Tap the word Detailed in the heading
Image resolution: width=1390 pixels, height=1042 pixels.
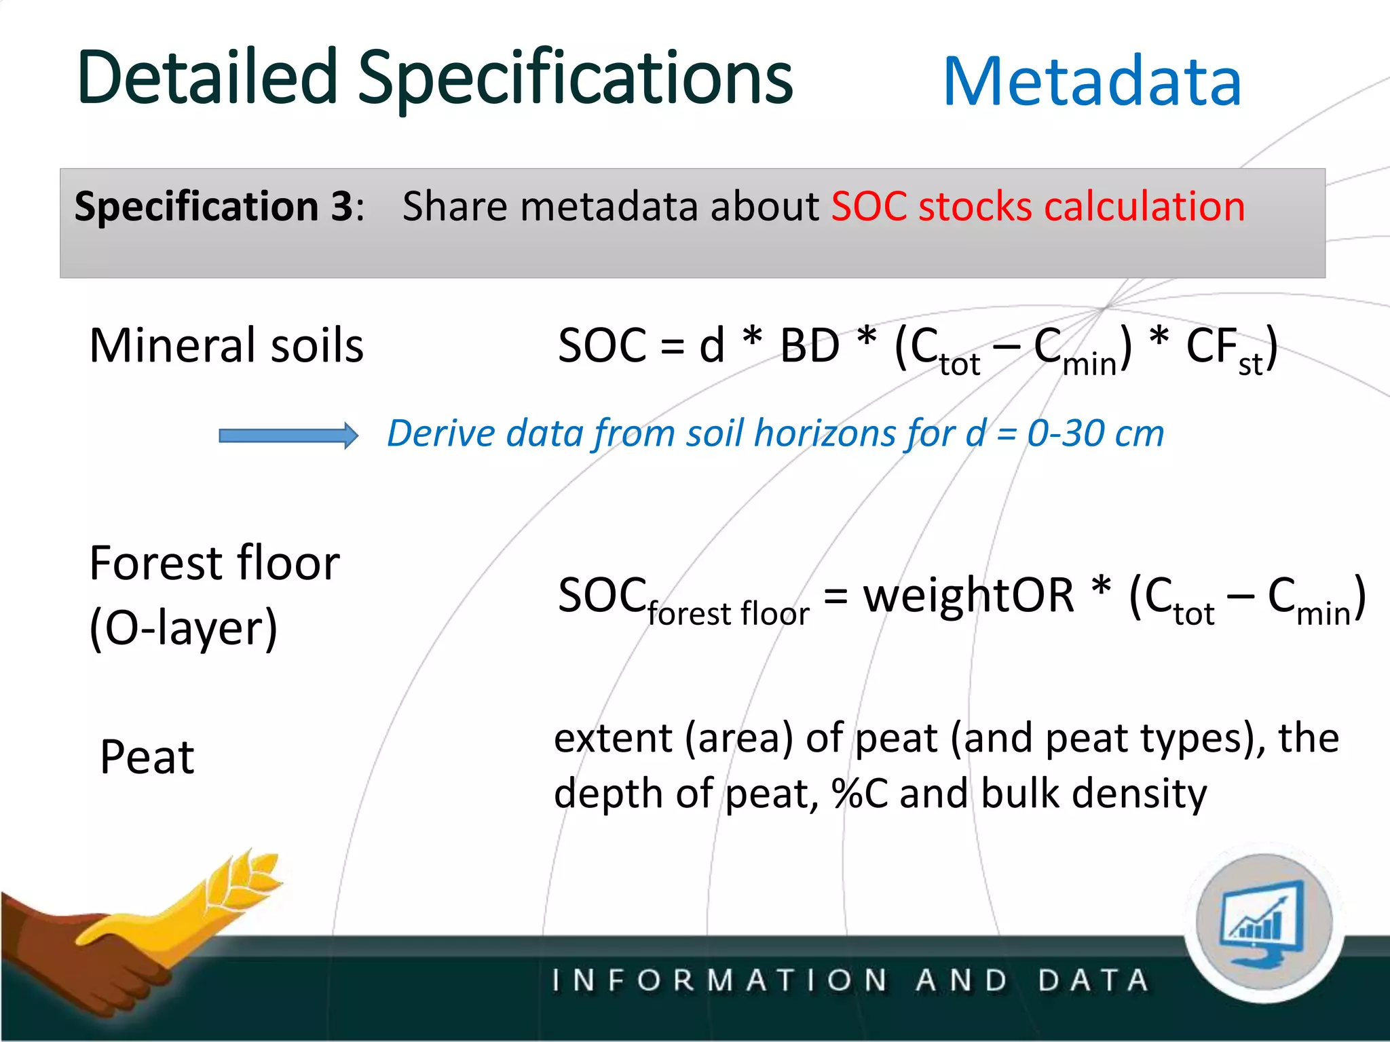pos(207,78)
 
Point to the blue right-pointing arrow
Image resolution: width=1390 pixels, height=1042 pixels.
pos(288,436)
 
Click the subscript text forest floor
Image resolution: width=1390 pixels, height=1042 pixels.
pos(728,614)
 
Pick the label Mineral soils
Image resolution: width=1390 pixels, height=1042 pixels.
pos(227,346)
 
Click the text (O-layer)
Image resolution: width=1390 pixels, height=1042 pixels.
pos(183,628)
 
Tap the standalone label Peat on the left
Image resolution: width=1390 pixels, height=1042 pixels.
pos(147,757)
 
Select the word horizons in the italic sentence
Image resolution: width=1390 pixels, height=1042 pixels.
pos(826,433)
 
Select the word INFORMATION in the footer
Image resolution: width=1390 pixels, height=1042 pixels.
pos(719,981)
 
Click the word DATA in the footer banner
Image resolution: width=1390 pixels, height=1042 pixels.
pos(1093,981)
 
